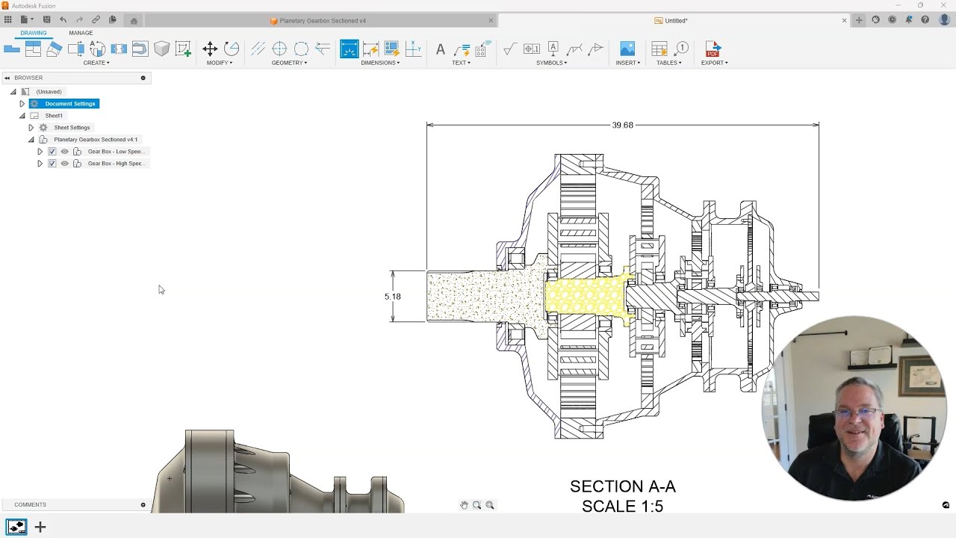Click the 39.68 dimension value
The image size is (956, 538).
(x=622, y=125)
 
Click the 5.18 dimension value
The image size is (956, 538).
(x=392, y=297)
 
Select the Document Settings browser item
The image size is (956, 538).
(x=70, y=104)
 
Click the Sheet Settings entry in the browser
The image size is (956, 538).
(x=72, y=128)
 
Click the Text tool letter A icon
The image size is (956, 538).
(x=441, y=49)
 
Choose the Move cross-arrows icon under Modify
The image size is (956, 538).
(x=210, y=49)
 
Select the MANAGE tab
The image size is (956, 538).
(x=81, y=33)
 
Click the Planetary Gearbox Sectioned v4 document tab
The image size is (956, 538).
(x=323, y=20)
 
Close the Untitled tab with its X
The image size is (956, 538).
(x=844, y=20)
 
